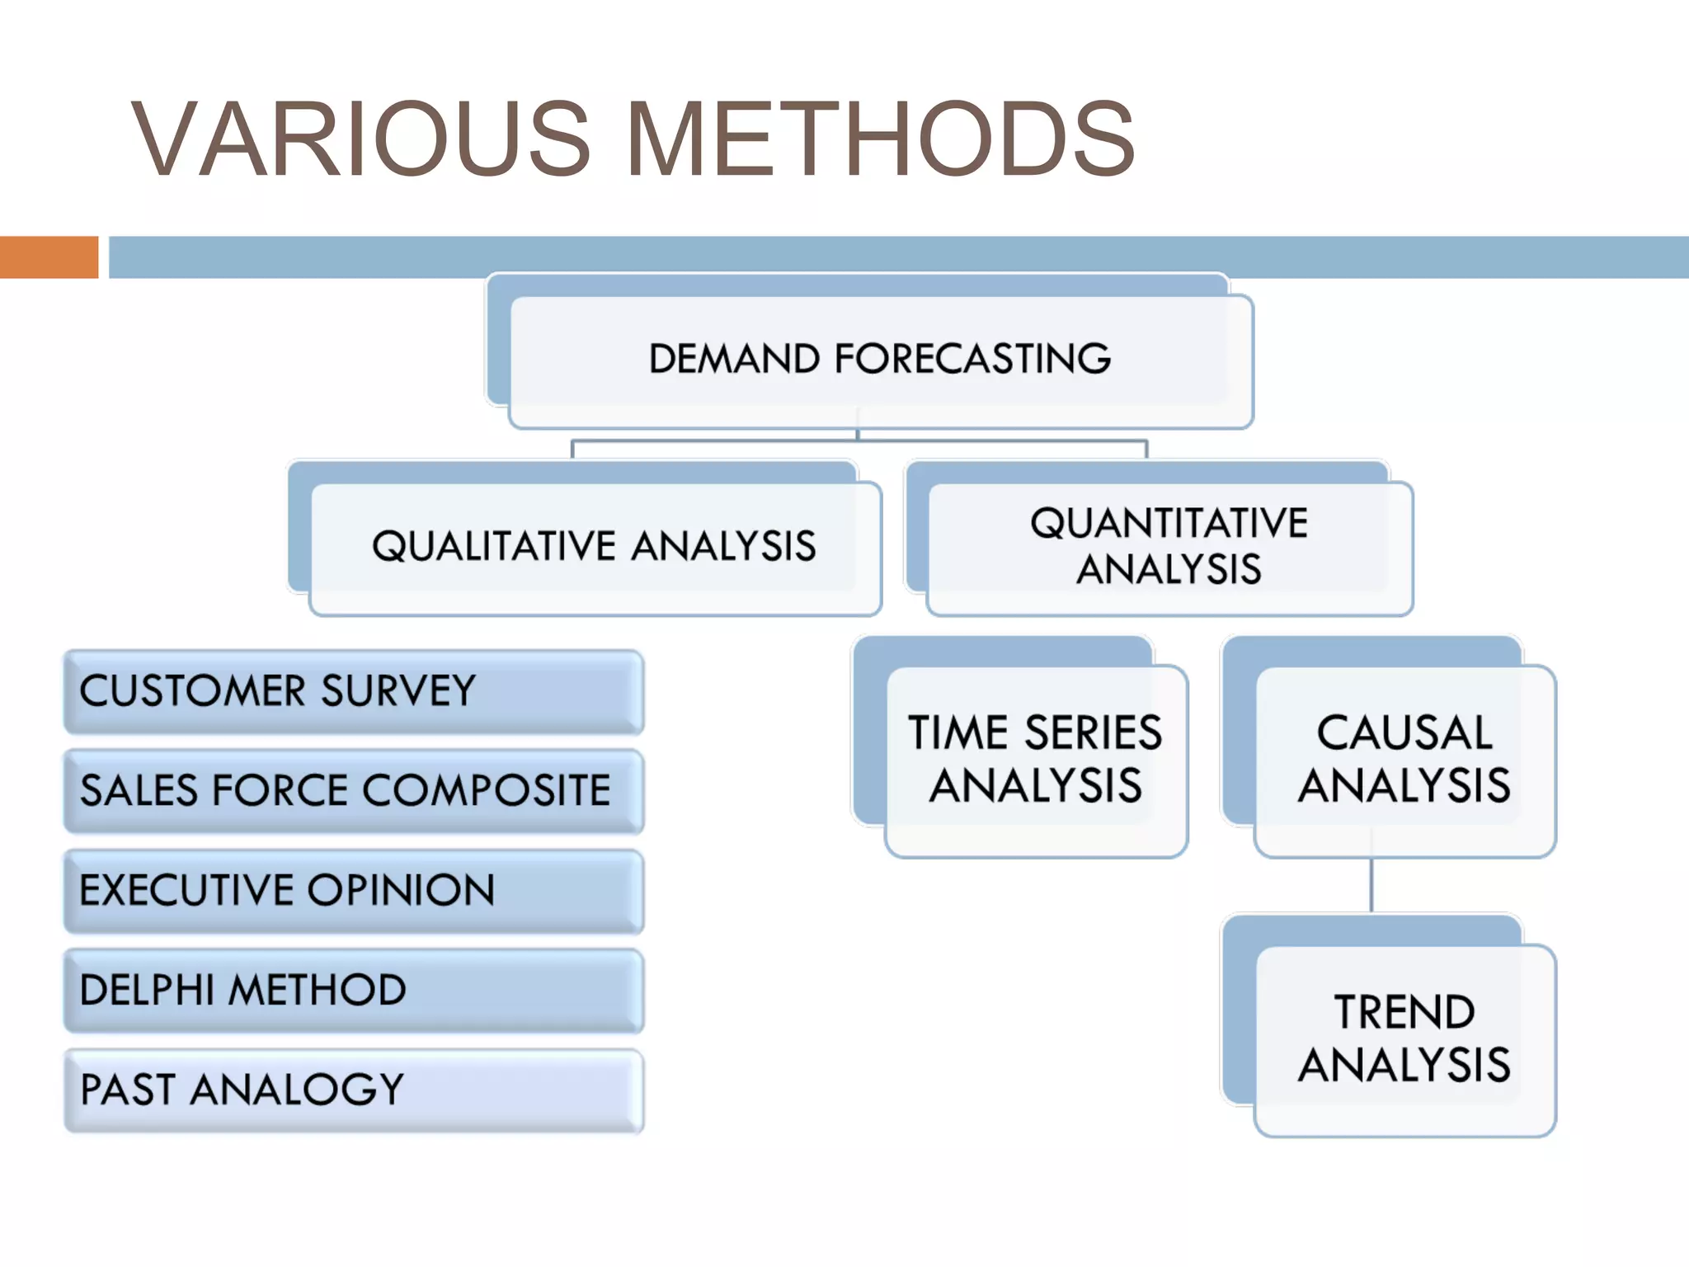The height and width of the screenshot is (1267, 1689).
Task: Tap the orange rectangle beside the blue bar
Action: pos(49,257)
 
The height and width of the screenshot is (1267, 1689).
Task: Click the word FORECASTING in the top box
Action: pos(972,359)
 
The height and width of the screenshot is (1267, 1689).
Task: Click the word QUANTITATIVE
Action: pos(1169,523)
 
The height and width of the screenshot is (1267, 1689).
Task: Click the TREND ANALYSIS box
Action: pos(1404,1039)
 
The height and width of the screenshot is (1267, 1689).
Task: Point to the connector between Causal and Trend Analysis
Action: pos(1371,885)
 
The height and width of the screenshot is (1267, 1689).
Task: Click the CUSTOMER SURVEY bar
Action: pos(354,691)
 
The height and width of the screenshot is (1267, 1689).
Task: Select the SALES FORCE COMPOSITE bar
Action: pos(354,791)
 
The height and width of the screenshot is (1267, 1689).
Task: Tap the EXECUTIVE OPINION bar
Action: pos(354,891)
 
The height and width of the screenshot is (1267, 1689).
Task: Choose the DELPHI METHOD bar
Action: pos(354,991)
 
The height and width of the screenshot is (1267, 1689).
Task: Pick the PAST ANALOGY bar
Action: pos(354,1090)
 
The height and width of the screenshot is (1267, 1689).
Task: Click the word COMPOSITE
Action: pos(487,791)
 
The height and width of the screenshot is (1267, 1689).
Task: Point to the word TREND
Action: pos(1404,1013)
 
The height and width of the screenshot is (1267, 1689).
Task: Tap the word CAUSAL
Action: pos(1404,732)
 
